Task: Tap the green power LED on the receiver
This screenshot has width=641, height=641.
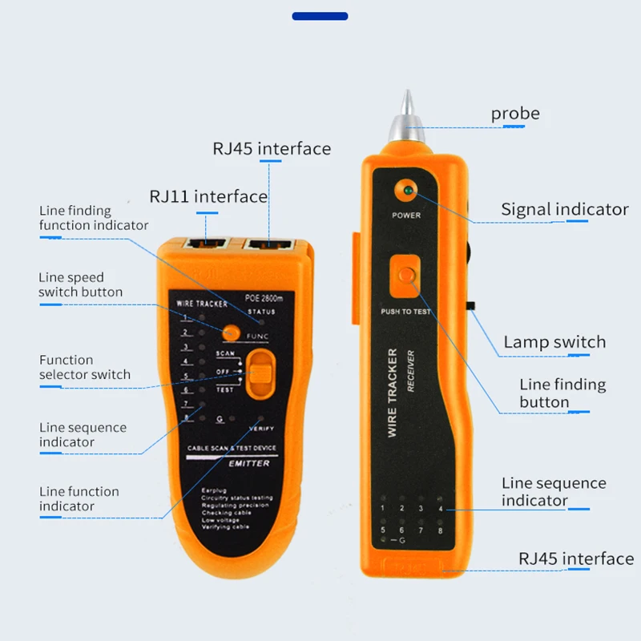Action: click(x=406, y=191)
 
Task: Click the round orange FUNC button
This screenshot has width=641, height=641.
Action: click(x=232, y=333)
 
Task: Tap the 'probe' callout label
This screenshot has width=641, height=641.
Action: click(x=515, y=114)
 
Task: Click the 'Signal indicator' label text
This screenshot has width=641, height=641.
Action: click(x=565, y=209)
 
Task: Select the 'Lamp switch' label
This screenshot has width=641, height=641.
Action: click(x=554, y=342)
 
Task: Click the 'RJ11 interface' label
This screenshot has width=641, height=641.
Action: click(x=208, y=196)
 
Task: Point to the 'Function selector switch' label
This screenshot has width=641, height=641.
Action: click(x=85, y=367)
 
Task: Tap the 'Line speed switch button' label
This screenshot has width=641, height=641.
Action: click(x=80, y=284)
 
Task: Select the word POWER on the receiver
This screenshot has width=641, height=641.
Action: click(x=406, y=216)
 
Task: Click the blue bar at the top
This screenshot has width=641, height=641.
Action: click(x=320, y=16)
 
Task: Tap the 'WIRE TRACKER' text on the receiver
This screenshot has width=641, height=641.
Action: click(x=393, y=393)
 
